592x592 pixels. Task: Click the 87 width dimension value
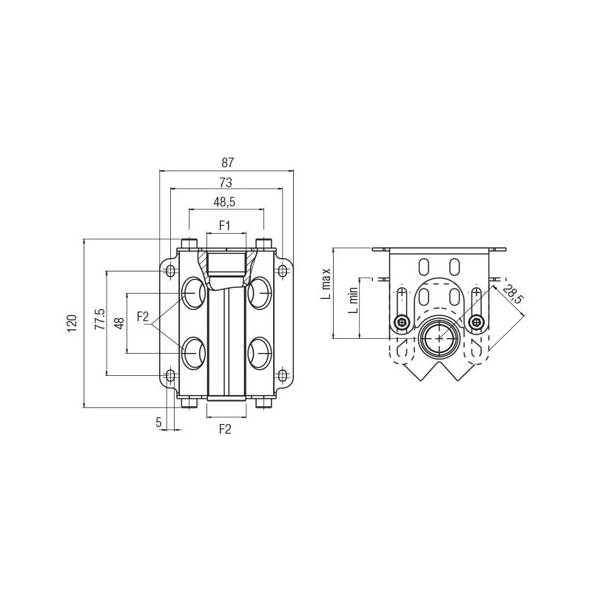click(228, 163)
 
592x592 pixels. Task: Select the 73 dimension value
click(226, 183)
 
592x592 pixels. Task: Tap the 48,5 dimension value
click(224, 202)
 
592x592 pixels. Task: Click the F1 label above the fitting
click(225, 226)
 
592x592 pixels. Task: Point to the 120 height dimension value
click(72, 323)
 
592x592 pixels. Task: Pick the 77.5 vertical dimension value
click(100, 319)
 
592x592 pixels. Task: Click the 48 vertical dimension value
click(119, 323)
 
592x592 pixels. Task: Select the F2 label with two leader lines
click(143, 317)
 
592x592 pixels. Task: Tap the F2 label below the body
click(225, 429)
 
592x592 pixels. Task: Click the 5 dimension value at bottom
click(158, 422)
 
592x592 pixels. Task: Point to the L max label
click(326, 284)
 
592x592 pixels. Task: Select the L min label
click(353, 300)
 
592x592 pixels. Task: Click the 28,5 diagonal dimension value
click(514, 294)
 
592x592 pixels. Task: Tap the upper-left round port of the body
click(194, 293)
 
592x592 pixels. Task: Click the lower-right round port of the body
click(260, 354)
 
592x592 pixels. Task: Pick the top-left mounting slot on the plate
click(171, 270)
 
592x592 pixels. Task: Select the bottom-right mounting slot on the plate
click(283, 375)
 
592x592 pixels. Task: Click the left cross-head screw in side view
click(402, 322)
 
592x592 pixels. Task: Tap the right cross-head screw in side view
click(477, 322)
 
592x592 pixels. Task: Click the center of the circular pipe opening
click(439, 338)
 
